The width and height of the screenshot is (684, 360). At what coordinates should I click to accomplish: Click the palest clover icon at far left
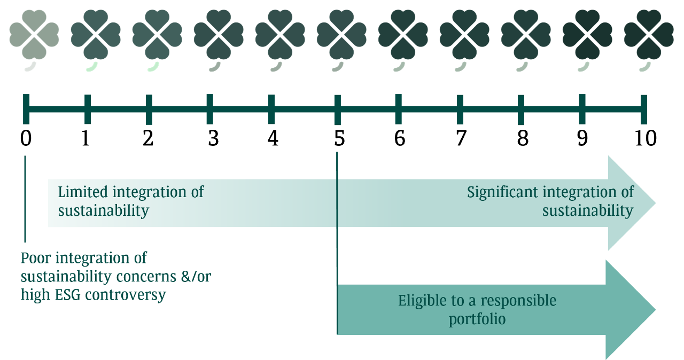click(34, 35)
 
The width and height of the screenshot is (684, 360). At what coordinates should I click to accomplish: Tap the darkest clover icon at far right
click(649, 35)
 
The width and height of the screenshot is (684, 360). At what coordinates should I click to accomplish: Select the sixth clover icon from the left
click(341, 35)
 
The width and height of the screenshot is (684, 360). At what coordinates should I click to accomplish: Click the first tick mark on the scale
click(26, 109)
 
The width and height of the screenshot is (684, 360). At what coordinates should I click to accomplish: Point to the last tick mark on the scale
click(644, 109)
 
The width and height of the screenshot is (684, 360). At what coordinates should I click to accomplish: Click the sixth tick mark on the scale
click(337, 109)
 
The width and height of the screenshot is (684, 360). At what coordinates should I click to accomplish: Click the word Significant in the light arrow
click(503, 192)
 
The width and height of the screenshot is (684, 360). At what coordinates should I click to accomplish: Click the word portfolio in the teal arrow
click(477, 320)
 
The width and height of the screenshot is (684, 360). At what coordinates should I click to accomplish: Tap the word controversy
click(126, 295)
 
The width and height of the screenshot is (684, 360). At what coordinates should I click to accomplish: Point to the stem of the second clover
click(92, 66)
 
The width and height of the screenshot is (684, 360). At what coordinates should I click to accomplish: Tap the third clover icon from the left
click(157, 35)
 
